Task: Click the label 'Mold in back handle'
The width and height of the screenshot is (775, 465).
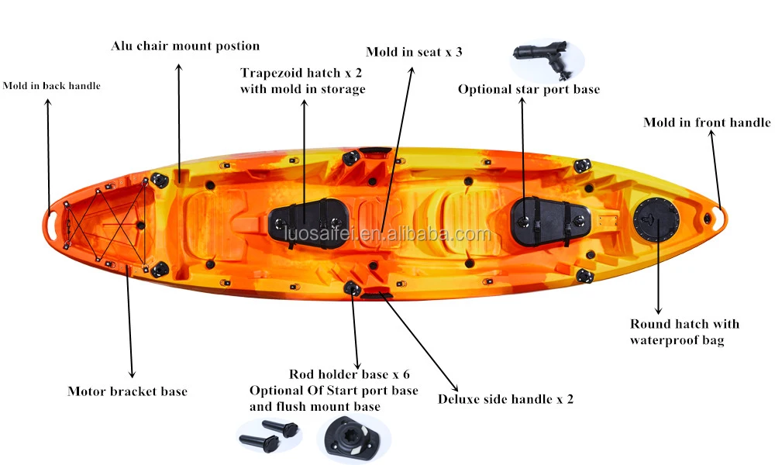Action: pos(51,86)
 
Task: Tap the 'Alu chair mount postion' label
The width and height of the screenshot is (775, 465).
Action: pos(184,46)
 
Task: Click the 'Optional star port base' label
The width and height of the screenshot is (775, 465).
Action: pos(529,90)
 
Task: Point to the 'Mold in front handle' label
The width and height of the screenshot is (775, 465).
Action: pos(707,122)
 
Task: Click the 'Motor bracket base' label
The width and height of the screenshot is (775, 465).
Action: pos(127,391)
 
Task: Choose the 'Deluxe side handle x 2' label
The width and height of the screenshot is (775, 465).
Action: pos(505,400)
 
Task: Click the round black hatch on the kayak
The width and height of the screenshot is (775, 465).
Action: pos(656,219)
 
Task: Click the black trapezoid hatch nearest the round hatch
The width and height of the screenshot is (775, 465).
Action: pos(551,218)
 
